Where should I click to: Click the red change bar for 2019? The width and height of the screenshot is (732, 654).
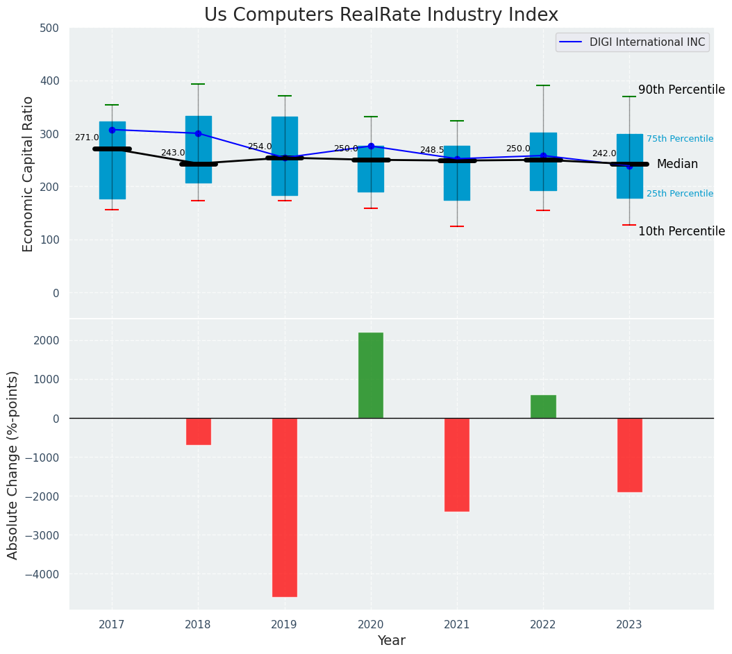pyautogui.click(x=285, y=507)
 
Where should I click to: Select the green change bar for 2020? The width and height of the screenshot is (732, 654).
pyautogui.click(x=371, y=376)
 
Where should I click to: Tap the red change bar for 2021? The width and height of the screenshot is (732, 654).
pyautogui.click(x=457, y=464)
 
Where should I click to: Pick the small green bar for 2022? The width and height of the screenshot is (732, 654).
pyautogui.click(x=543, y=407)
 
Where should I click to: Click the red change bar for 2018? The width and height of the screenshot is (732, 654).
pyautogui.click(x=199, y=431)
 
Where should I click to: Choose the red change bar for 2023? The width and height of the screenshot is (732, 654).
pyautogui.click(x=629, y=455)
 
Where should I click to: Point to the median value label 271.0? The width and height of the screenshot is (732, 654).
pyautogui.click(x=87, y=137)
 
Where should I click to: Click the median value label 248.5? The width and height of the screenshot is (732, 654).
pyautogui.click(x=431, y=150)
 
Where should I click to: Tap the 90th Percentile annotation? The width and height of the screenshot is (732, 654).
pyautogui.click(x=681, y=90)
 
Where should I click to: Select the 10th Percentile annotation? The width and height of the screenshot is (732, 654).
pyautogui.click(x=681, y=231)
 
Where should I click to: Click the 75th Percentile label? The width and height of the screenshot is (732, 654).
pyautogui.click(x=680, y=139)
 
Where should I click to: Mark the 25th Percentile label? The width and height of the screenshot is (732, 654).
pyautogui.click(x=680, y=194)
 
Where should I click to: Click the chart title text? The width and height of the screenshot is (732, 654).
pyautogui.click(x=381, y=15)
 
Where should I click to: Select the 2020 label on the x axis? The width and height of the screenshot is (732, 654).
pyautogui.click(x=371, y=624)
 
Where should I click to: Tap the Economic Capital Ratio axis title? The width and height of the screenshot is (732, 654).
pyautogui.click(x=28, y=174)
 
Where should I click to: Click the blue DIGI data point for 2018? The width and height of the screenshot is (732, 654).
pyautogui.click(x=199, y=133)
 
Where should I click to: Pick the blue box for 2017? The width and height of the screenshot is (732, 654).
pyautogui.click(x=113, y=160)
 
